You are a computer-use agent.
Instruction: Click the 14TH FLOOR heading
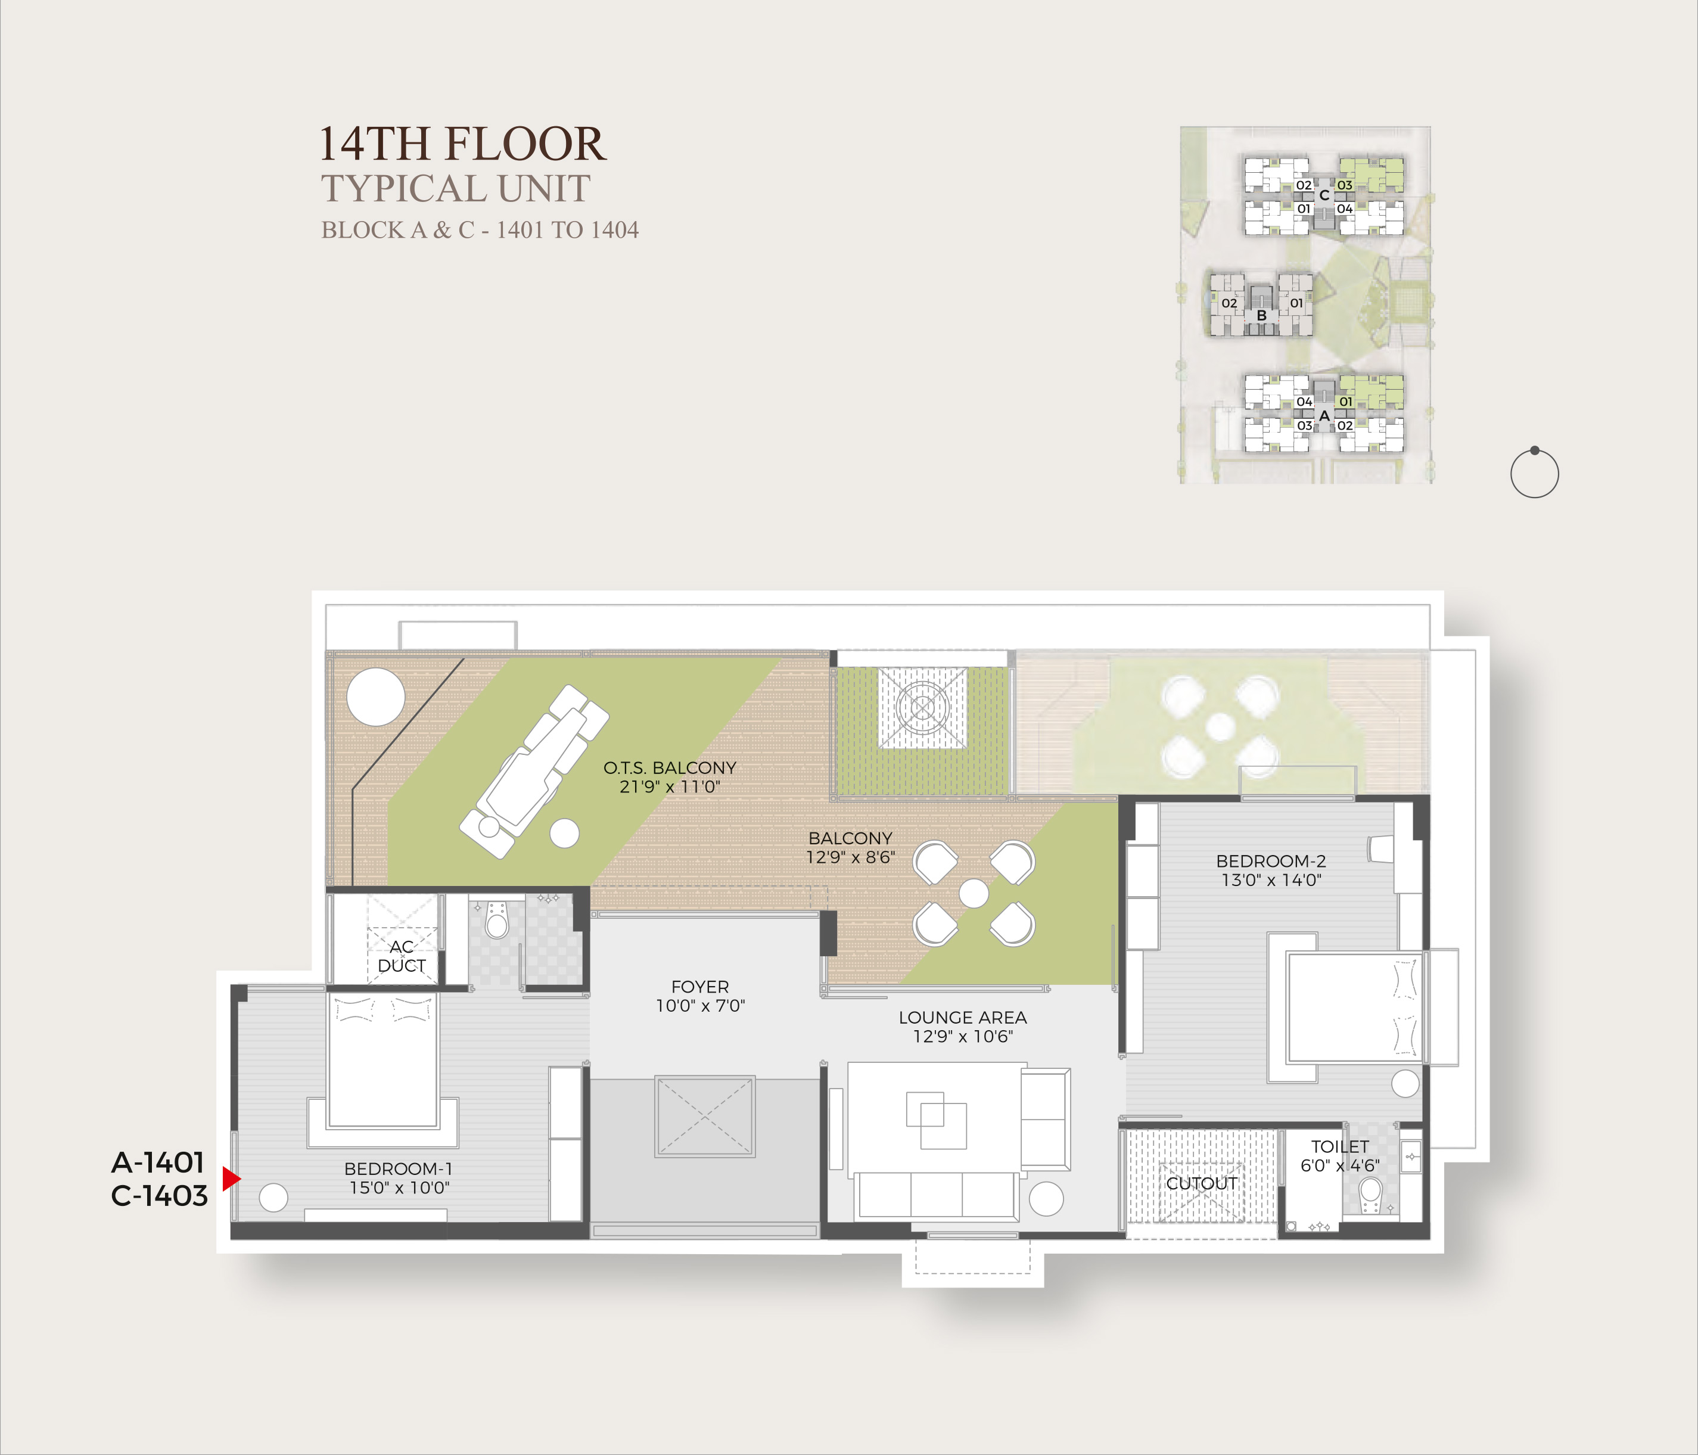(x=462, y=144)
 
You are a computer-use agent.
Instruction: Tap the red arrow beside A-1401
(x=231, y=1179)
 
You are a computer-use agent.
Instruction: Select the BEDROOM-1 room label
(x=398, y=1178)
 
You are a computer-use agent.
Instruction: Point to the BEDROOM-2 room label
(x=1271, y=870)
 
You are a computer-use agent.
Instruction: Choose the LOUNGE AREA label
(x=963, y=1026)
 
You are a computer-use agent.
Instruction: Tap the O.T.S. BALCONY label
(x=670, y=777)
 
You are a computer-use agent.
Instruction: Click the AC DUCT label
(x=402, y=956)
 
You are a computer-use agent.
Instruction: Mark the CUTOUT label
(x=1201, y=1183)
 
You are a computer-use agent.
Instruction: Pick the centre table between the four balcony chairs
(x=974, y=893)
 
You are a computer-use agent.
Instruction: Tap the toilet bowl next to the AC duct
(x=497, y=920)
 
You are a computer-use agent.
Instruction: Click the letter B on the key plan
(x=1262, y=316)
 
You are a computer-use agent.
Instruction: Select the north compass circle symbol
(x=1534, y=474)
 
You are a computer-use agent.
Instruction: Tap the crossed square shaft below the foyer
(x=705, y=1117)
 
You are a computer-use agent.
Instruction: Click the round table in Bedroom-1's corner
(x=273, y=1198)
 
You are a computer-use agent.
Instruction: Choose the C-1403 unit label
(x=159, y=1195)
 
